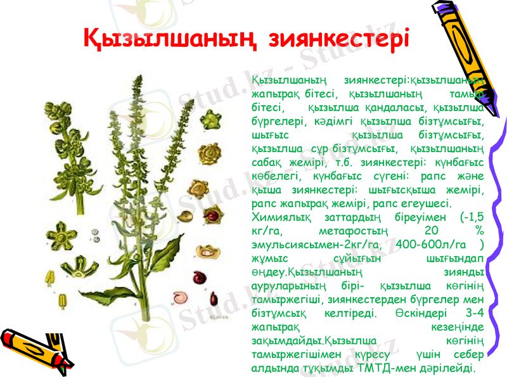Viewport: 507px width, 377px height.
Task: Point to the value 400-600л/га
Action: [430, 245]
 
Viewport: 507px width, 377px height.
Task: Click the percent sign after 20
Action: [479, 231]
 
